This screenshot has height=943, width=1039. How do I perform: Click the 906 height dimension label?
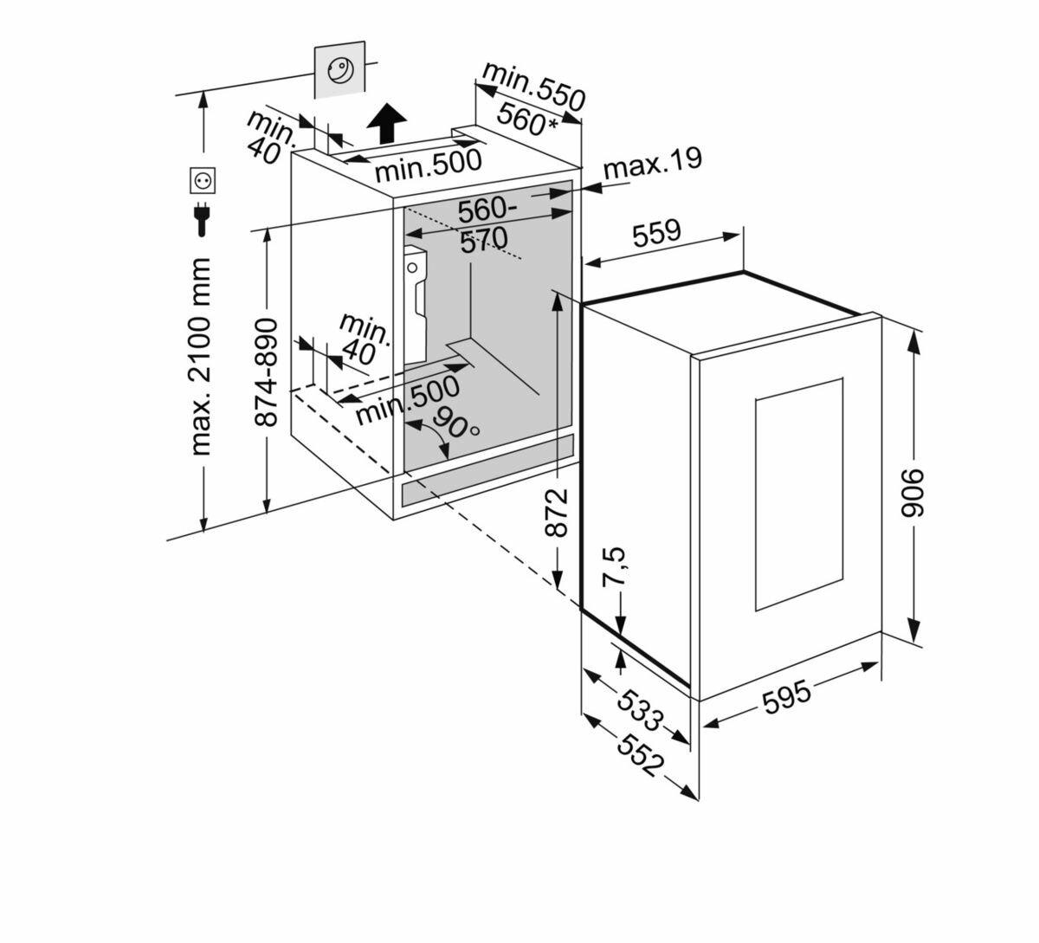coord(915,495)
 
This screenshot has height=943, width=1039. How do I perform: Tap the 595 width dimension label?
coord(787,696)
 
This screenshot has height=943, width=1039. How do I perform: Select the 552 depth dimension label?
coord(640,754)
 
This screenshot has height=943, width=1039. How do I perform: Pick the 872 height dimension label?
coord(557,511)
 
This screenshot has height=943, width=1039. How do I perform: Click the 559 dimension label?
coord(656,231)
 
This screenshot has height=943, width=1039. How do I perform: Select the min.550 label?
coord(533,85)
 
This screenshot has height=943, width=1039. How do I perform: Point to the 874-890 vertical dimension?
coord(268,371)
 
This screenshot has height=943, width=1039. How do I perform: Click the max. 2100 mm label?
coord(202,356)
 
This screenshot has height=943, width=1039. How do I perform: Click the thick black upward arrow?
coord(385,125)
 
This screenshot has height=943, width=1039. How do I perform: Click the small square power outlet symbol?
coord(202,181)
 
